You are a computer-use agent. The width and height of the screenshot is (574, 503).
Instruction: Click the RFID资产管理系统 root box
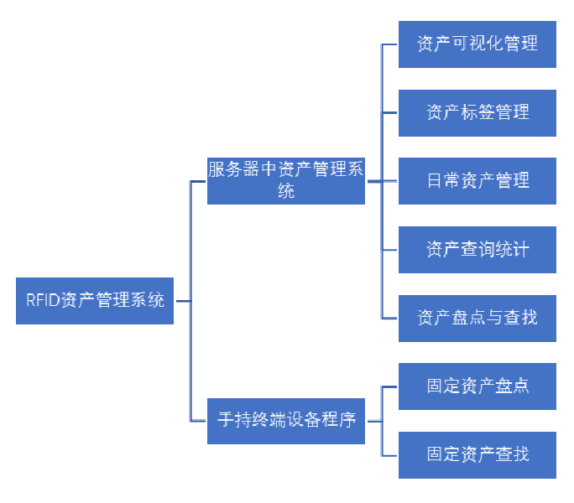95,300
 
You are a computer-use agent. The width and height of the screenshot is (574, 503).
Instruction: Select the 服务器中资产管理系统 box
286,180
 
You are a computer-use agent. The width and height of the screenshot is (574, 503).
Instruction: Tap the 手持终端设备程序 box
286,420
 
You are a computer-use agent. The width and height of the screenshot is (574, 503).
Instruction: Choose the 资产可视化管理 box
477,44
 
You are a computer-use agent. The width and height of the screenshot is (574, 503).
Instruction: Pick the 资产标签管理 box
477,112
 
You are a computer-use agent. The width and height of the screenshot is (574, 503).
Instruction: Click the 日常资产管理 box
477,180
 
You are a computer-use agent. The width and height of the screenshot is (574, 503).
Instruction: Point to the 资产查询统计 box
477,249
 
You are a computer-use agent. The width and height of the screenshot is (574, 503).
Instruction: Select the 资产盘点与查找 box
477,318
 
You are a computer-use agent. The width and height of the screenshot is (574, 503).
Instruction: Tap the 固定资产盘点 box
477,386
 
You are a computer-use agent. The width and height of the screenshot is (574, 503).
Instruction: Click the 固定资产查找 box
477,454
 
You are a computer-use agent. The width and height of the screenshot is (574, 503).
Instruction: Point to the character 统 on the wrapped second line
286,191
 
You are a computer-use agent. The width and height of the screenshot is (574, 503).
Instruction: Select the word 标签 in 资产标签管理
477,112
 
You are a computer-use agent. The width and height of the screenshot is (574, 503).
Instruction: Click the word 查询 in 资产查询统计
477,249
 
